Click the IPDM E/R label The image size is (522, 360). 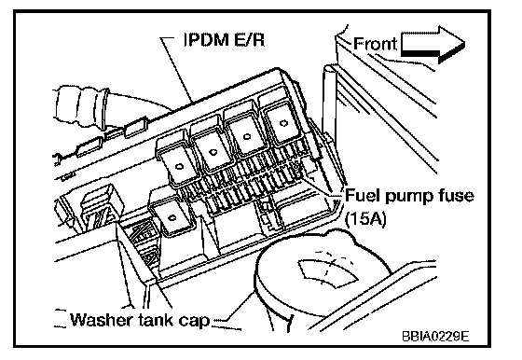pos(225,39)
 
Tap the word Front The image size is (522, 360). pos(375,44)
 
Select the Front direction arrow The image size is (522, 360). pos(433,44)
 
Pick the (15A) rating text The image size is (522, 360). pos(365,219)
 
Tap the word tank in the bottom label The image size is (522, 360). pos(155,319)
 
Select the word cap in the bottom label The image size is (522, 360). pos(195,321)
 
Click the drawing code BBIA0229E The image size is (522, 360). pos(435,337)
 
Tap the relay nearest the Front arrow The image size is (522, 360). pos(282,121)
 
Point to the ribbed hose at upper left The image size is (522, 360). pos(83,106)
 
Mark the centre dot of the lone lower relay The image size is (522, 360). pos(172,218)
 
